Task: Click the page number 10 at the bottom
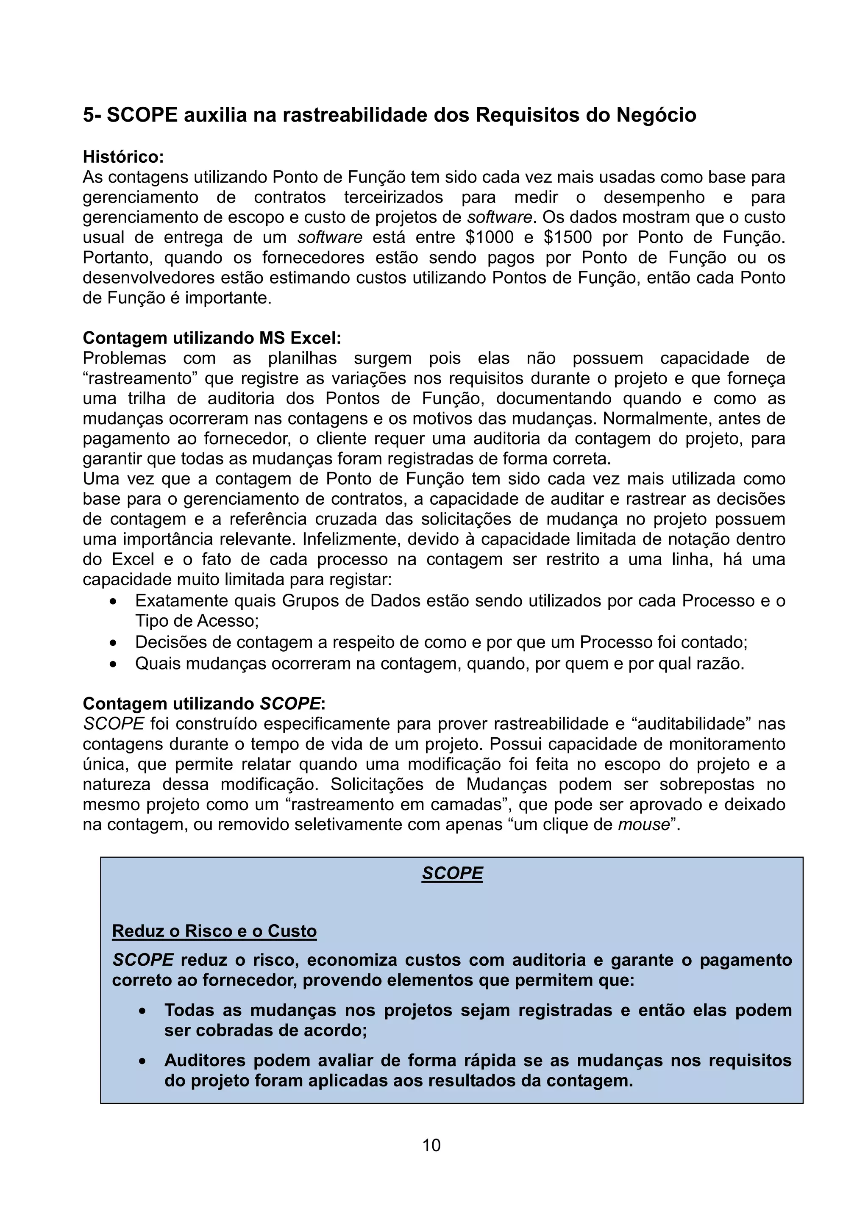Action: coord(431,1145)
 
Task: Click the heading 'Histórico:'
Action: coord(123,157)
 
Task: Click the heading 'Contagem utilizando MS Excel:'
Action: coord(212,338)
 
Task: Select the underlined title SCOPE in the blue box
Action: coord(452,873)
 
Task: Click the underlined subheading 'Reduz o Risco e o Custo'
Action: coord(214,931)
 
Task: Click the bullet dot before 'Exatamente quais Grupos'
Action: coord(113,602)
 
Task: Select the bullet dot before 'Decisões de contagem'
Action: coord(113,643)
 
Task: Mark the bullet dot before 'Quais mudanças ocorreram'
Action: coord(113,664)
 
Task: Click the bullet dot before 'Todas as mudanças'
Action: coord(142,1011)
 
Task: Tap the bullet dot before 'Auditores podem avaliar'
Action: coord(142,1061)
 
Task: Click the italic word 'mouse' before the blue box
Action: coord(644,825)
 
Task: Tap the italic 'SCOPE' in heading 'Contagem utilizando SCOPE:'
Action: coord(290,703)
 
